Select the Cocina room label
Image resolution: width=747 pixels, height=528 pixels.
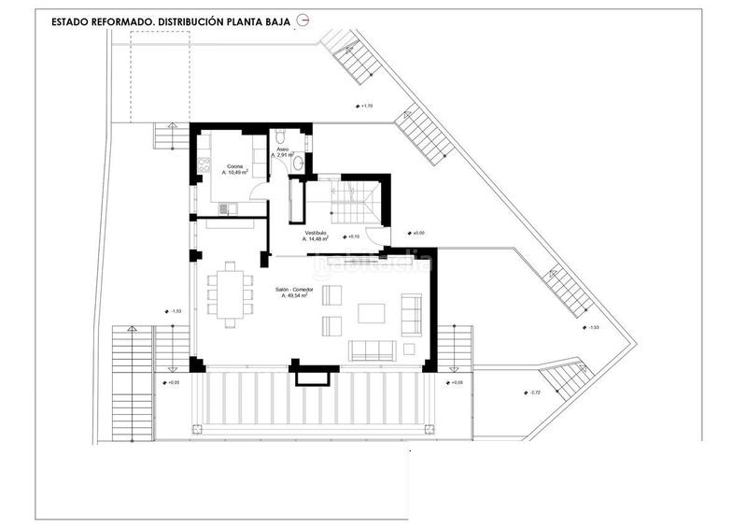[233, 166]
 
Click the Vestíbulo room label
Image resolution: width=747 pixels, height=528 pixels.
[317, 233]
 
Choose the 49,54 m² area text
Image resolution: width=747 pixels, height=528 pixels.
[297, 296]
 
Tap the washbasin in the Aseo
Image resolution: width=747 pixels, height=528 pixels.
[298, 163]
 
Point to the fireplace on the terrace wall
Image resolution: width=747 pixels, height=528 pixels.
[309, 375]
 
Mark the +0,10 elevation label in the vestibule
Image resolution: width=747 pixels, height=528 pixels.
[349, 237]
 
